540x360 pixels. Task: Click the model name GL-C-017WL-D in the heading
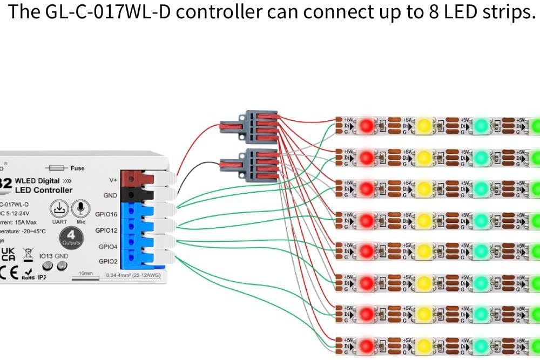(105, 12)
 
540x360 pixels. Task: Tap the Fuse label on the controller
(77, 168)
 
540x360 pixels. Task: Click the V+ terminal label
(113, 180)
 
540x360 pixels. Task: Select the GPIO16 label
(106, 214)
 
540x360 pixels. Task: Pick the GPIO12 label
(106, 230)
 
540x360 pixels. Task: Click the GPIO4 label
(108, 246)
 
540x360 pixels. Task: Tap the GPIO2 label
(108, 261)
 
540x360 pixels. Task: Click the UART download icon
(59, 208)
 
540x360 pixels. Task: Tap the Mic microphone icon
(81, 208)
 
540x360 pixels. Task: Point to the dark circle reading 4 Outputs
(71, 237)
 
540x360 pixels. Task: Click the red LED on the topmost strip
(366, 126)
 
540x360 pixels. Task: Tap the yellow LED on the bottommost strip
(424, 344)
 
